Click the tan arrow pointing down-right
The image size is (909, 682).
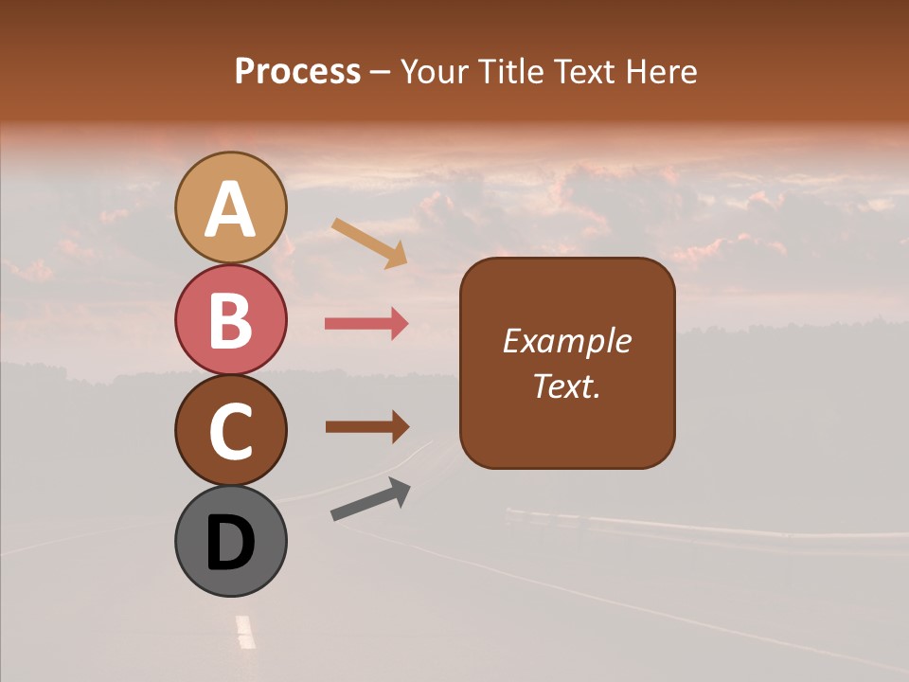(x=369, y=242)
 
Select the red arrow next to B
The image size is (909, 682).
(x=366, y=324)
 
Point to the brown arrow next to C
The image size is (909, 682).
(x=366, y=427)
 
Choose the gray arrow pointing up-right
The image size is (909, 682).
(x=370, y=499)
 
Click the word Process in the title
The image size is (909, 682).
(x=297, y=71)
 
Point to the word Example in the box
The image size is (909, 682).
(x=567, y=341)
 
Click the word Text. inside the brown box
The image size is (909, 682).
(x=567, y=386)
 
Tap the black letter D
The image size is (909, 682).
(x=231, y=544)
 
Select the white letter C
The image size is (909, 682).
(x=231, y=432)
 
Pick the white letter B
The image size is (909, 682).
(x=231, y=320)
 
